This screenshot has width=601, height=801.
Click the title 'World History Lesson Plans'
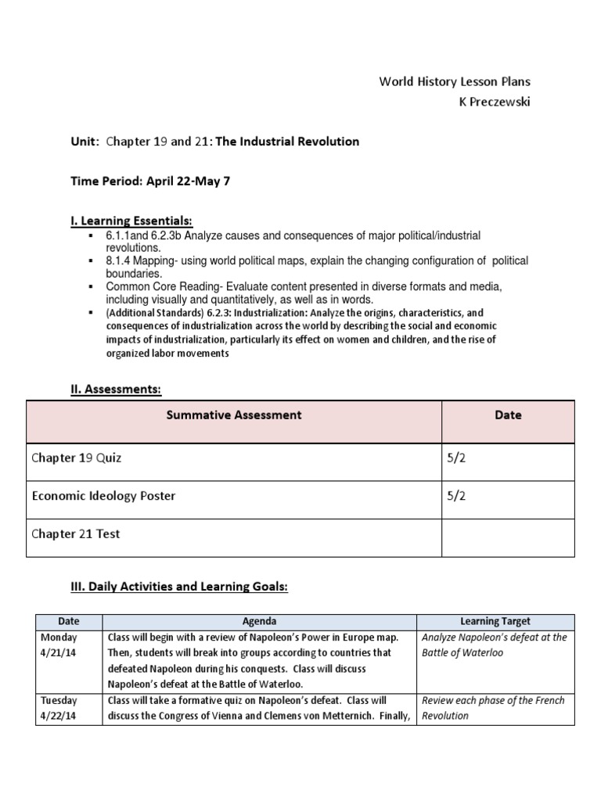tap(455, 81)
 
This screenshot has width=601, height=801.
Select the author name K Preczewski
tap(487, 102)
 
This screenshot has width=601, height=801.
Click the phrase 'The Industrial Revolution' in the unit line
tap(287, 142)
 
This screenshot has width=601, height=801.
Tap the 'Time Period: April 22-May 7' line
tap(147, 181)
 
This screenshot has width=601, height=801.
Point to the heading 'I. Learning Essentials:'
tap(131, 221)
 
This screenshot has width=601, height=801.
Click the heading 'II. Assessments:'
tap(116, 388)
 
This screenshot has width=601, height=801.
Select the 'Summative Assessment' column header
tap(233, 415)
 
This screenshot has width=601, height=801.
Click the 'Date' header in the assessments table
tap(508, 415)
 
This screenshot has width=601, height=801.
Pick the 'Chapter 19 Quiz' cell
tap(77, 458)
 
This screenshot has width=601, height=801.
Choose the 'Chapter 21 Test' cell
tap(76, 534)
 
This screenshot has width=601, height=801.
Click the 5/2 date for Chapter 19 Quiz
tap(455, 458)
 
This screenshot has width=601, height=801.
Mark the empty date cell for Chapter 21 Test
tap(507, 537)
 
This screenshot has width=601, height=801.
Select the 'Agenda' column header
tap(259, 621)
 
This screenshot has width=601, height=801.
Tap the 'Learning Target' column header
tap(495, 621)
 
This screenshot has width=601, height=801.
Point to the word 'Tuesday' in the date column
tap(59, 700)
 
